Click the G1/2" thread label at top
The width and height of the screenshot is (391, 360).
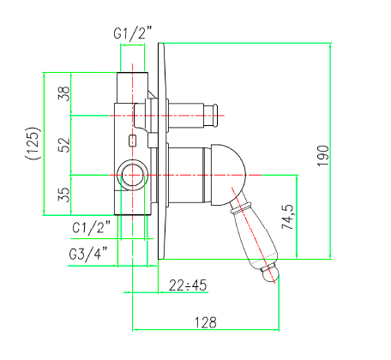coord(133,33)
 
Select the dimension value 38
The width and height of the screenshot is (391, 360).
coord(64,93)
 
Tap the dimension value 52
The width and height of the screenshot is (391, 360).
coord(64,145)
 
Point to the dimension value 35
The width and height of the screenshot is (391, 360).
coord(64,195)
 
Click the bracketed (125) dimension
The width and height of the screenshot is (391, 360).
coord(32,143)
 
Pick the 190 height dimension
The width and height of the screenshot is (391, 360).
coord(323,156)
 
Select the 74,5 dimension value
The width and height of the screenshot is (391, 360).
coord(287,217)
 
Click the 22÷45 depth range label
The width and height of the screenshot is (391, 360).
coord(188,285)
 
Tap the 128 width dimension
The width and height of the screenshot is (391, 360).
coord(206,322)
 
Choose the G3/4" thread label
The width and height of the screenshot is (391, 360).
coord(89,253)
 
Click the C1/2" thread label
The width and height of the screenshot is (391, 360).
coord(91,227)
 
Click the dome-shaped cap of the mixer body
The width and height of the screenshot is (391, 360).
coord(228,175)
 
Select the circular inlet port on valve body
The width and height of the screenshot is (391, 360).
coord(133,175)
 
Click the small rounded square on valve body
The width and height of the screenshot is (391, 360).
coord(132,141)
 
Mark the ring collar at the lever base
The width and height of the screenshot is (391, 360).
coord(241,207)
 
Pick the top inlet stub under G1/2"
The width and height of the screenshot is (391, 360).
coord(132,87)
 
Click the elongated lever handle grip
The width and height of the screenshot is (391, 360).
coord(255,237)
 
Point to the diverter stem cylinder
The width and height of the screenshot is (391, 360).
coord(186,116)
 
